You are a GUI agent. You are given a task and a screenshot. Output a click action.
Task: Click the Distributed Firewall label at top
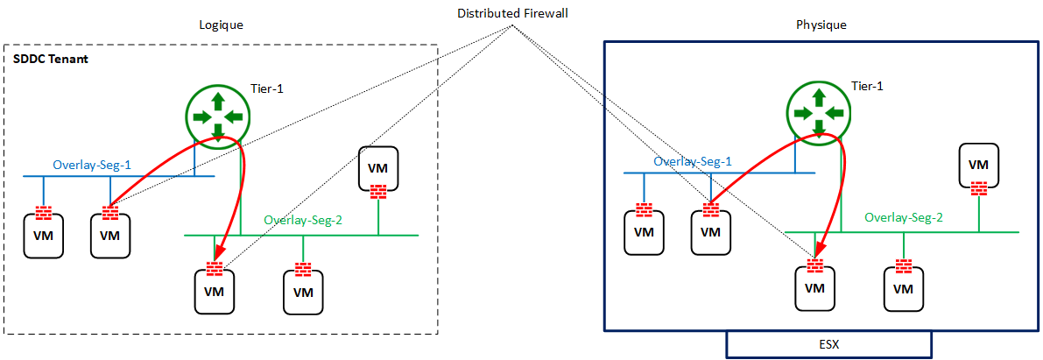(x=512, y=15)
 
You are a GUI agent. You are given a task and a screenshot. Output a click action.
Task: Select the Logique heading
(x=220, y=25)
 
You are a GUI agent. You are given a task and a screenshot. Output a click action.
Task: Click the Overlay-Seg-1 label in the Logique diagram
(x=92, y=165)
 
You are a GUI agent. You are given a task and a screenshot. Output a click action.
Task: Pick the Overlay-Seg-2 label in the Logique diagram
(x=303, y=221)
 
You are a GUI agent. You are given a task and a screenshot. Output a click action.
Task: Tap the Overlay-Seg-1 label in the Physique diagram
(x=694, y=162)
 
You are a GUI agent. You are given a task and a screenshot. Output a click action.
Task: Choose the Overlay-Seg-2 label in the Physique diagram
(x=904, y=217)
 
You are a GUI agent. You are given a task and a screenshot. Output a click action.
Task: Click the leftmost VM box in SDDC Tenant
(x=42, y=236)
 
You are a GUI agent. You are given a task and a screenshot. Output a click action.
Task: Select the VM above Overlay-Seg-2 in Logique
(x=378, y=167)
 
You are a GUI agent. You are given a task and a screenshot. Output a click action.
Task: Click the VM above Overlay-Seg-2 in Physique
(x=979, y=164)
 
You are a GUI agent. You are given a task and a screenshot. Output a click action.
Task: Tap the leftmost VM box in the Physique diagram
(x=644, y=232)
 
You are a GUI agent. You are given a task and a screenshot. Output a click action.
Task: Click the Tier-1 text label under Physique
(x=867, y=86)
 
